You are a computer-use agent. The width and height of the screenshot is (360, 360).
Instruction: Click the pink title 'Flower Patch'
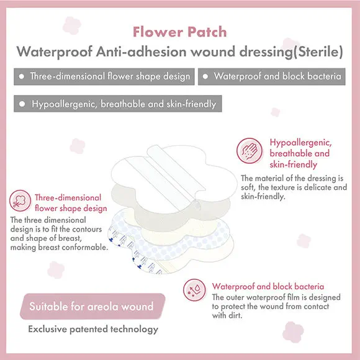[180, 32]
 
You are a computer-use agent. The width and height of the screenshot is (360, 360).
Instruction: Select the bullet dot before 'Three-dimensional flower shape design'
[22, 76]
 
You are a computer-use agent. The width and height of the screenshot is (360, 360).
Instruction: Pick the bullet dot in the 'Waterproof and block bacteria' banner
[205, 76]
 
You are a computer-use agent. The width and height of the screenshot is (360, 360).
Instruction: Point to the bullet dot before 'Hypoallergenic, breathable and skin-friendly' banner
[22, 104]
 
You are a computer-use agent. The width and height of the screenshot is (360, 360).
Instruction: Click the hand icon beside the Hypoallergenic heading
[250, 151]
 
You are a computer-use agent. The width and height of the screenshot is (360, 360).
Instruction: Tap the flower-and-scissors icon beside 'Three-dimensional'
[20, 200]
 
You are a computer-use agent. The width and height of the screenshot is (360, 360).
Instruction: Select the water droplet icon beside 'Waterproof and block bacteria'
[194, 290]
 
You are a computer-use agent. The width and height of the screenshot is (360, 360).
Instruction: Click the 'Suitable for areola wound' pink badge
[92, 306]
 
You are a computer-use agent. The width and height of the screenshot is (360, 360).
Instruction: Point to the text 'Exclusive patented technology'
[93, 329]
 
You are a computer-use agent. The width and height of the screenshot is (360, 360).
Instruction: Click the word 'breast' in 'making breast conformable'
[49, 247]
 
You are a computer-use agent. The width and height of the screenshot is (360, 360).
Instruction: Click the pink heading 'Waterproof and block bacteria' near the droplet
[268, 286]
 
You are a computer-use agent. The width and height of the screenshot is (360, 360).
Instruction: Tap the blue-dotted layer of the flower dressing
[169, 243]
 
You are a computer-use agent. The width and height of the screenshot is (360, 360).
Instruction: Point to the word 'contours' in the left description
[86, 229]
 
